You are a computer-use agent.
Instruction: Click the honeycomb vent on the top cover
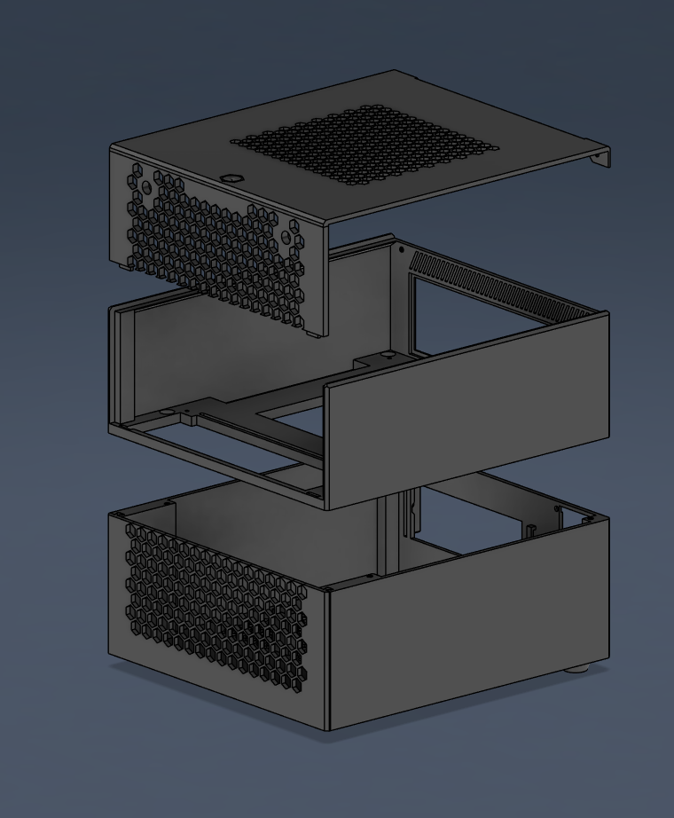(364, 146)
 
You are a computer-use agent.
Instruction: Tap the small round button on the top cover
(233, 177)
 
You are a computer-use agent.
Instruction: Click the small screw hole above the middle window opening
(401, 250)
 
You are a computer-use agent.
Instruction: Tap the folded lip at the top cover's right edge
(602, 159)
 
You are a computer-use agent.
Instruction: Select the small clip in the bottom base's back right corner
(561, 509)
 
